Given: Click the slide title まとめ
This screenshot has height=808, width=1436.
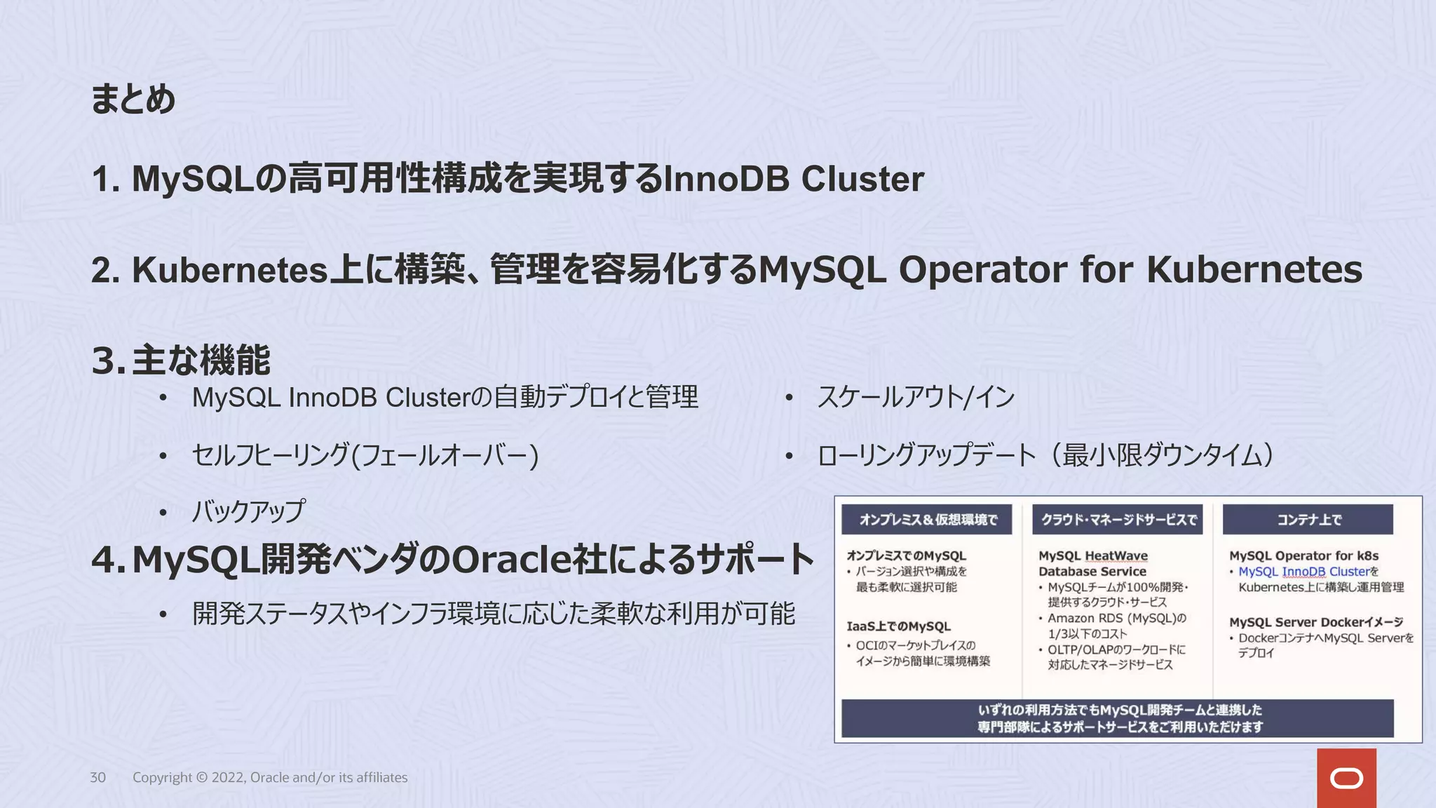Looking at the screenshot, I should tap(133, 99).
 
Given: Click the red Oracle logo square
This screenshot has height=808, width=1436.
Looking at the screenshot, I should tap(1346, 778).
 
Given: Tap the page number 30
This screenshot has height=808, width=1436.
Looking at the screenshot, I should tap(97, 777).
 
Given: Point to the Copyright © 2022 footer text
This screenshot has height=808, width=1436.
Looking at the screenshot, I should tap(270, 777).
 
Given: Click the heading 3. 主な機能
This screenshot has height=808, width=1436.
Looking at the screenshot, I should tap(181, 361).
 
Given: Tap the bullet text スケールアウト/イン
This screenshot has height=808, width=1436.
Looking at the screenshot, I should tap(916, 398).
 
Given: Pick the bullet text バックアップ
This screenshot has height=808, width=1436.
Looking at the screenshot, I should tap(249, 511).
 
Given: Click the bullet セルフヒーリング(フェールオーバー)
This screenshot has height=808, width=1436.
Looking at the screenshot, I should tap(365, 455).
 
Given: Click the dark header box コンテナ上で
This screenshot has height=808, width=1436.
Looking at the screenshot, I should tap(1308, 520).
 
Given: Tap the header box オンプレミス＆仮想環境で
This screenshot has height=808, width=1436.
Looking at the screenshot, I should tap(928, 520).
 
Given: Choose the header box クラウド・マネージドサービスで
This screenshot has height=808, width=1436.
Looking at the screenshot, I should tap(1118, 520).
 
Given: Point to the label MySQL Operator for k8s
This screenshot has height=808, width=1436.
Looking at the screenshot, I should tap(1303, 555).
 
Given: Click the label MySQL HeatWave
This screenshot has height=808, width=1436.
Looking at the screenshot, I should tap(1093, 555).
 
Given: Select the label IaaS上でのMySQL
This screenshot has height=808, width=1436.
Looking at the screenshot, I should tap(898, 626).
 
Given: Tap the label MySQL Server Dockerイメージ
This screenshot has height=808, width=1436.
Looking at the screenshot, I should tap(1315, 622).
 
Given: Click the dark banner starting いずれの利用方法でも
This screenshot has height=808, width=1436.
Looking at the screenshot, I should tap(1118, 718).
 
